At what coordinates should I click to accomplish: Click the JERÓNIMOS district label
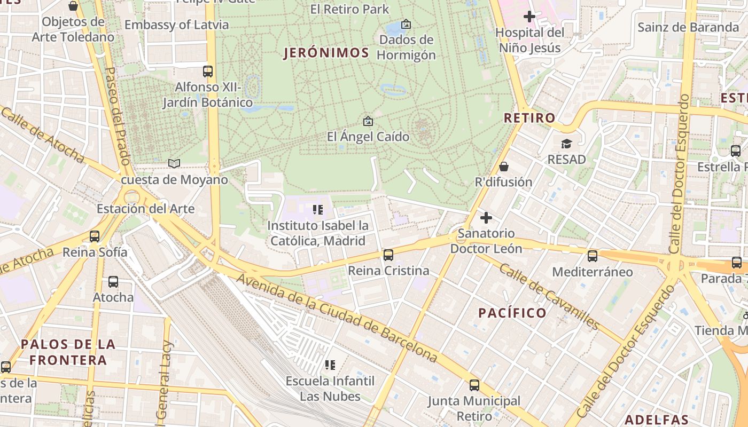[326, 53]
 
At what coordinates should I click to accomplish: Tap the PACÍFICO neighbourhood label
[512, 313]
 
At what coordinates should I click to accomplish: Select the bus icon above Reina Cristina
[388, 255]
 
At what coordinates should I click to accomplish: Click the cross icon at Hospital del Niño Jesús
[529, 17]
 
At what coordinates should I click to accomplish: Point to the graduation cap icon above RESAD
[566, 144]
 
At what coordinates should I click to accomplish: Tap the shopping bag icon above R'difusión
[503, 167]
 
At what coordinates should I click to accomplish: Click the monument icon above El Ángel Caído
[368, 121]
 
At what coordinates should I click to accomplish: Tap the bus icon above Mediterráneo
[592, 256]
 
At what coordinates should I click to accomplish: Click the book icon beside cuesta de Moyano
[174, 163]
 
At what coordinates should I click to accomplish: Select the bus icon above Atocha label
[113, 281]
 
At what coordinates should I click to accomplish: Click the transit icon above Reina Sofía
[95, 236]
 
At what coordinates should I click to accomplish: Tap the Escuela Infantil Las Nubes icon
[330, 365]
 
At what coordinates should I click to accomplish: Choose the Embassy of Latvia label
[176, 25]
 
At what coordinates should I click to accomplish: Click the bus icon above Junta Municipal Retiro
[474, 385]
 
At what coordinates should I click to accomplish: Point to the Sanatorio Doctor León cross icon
[486, 218]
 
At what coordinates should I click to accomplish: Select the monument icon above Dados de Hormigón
[406, 24]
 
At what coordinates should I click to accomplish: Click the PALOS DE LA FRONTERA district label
[68, 352]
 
